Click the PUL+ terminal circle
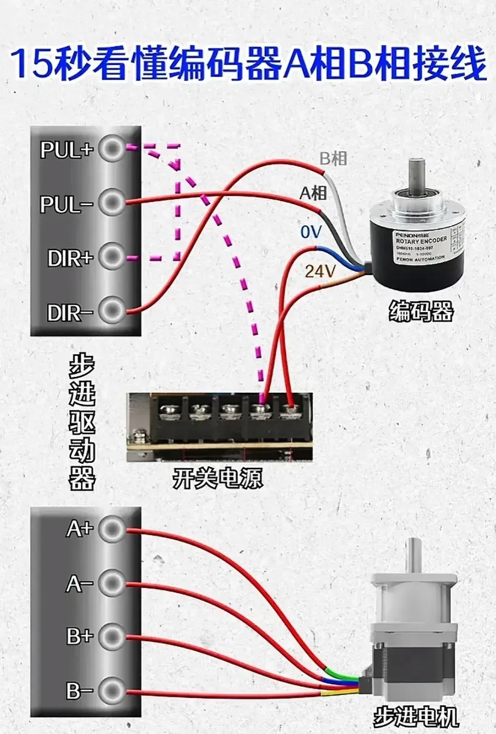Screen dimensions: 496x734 (x=112, y=149)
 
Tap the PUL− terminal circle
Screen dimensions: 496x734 (x=112, y=202)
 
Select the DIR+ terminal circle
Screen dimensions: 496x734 (x=112, y=256)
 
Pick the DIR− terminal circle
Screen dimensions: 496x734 (x=112, y=311)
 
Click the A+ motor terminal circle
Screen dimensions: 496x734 (x=112, y=529)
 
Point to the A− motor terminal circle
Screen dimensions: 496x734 (x=112, y=583)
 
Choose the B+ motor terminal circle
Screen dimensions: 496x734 (x=112, y=637)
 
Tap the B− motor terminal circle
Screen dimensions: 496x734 (x=112, y=690)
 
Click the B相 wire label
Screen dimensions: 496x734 (x=333, y=159)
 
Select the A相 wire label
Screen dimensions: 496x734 (x=313, y=193)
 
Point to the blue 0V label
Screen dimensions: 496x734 (x=311, y=232)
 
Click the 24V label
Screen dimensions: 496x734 (x=320, y=272)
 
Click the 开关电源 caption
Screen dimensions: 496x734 (x=218, y=478)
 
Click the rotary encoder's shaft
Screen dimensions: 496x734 (x=418, y=173)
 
